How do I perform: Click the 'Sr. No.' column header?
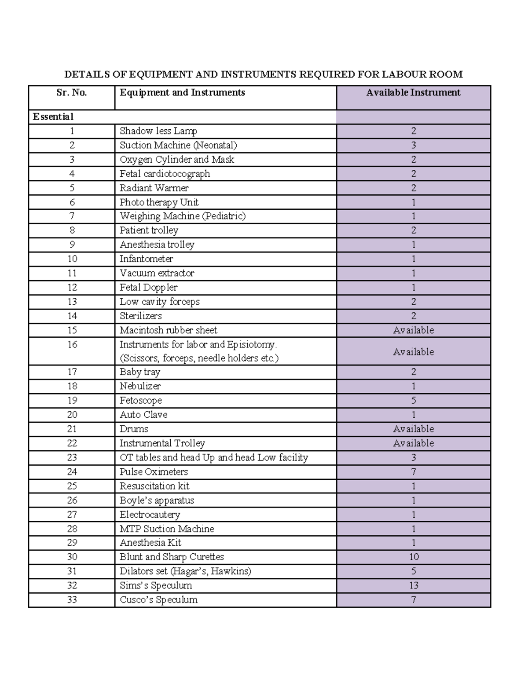pos(72,93)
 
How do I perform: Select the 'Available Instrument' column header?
pos(413,93)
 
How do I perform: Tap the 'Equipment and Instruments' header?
pos(182,93)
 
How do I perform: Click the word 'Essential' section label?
pos(53,117)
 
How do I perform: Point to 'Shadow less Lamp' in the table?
pos(158,131)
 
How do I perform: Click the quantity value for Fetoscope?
pos(413,401)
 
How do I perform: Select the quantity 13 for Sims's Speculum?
pos(413,586)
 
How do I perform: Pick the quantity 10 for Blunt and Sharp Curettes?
pos(413,557)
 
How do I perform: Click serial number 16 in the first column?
pos(72,345)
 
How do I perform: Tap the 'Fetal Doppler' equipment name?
pos(148,288)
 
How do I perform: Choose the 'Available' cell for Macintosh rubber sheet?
pos(413,330)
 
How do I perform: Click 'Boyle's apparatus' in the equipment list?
pos(157,500)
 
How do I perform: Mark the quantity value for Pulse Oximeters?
pos(413,472)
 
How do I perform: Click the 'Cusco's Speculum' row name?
pos(158,600)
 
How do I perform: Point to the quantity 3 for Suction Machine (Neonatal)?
pos(413,146)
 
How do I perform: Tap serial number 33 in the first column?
pos(72,600)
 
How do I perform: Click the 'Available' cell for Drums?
pos(413,429)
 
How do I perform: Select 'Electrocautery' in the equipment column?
pos(150,515)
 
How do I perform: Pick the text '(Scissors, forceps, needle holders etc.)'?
pos(199,358)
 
